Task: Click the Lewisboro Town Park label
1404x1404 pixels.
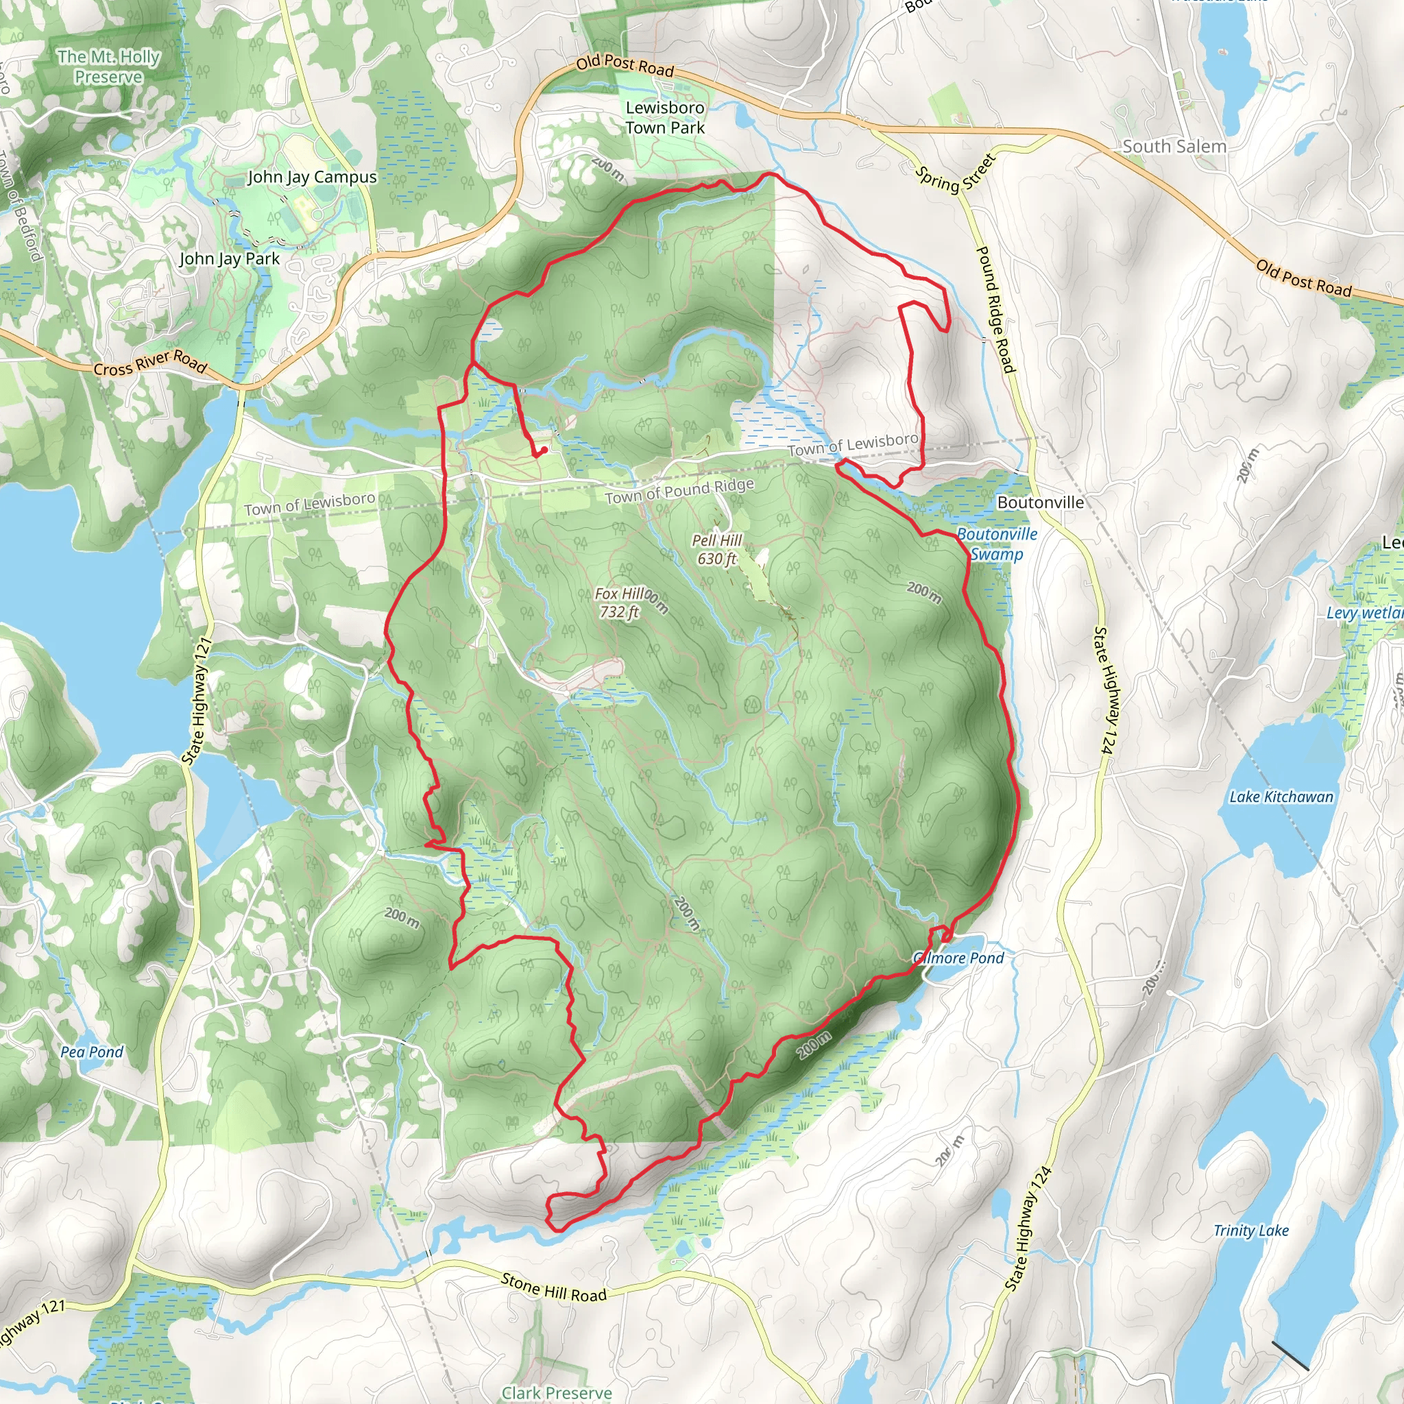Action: [x=665, y=118]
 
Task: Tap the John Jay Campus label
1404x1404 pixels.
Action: [x=312, y=178]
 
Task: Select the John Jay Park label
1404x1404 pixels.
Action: [x=229, y=258]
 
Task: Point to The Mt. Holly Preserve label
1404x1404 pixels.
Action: [x=109, y=67]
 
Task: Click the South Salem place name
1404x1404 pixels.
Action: [x=1174, y=146]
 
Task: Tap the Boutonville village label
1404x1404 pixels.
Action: [x=1040, y=502]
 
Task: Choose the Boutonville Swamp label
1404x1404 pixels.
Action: [x=996, y=544]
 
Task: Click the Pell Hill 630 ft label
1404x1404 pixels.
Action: [x=716, y=549]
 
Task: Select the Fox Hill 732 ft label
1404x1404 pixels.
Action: [x=619, y=603]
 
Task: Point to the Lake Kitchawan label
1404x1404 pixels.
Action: [x=1281, y=797]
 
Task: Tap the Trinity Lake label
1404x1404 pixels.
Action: [x=1250, y=1231]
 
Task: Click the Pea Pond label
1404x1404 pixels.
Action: [x=92, y=1052]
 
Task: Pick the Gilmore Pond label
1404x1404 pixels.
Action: [x=958, y=958]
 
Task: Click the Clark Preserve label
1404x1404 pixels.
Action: [x=557, y=1392]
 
